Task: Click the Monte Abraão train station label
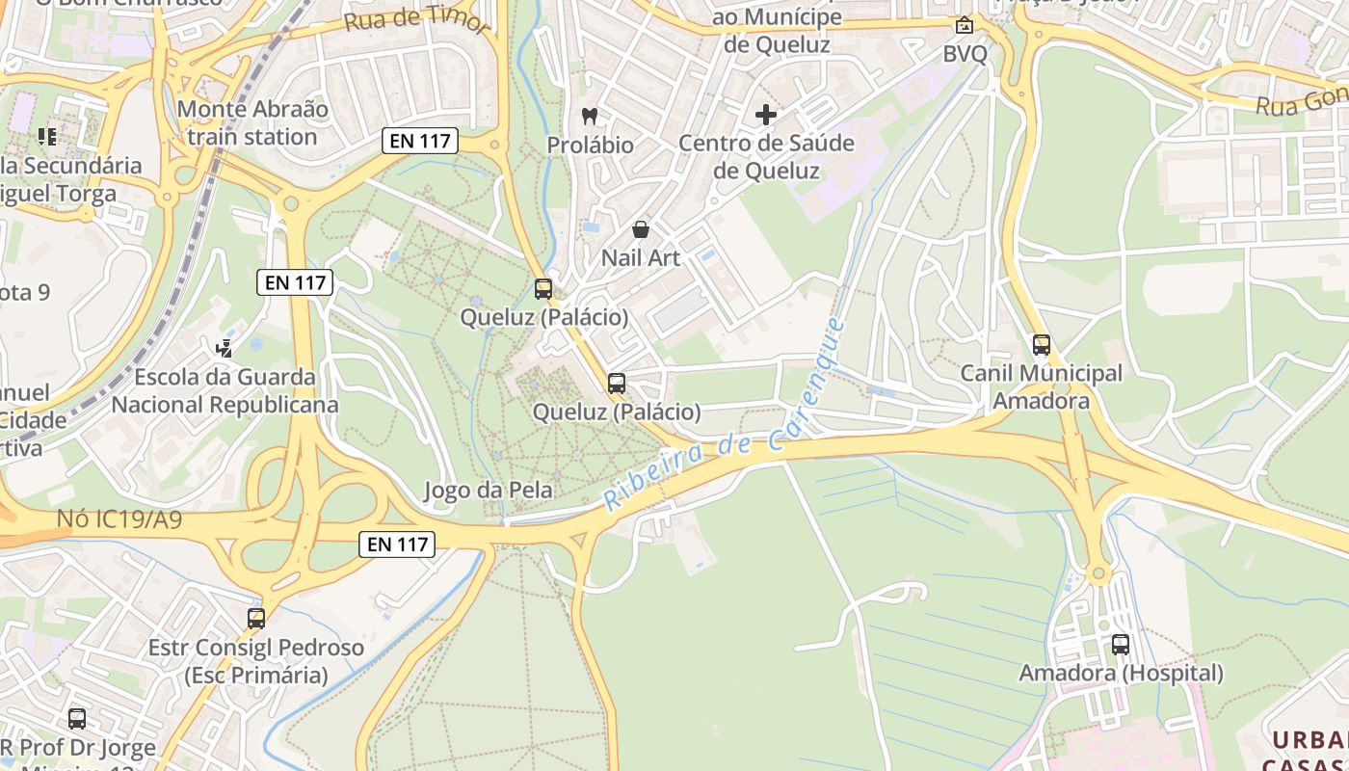point(252,123)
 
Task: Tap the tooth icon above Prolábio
point(590,117)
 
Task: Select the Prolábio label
point(590,146)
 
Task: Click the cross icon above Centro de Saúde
point(766,116)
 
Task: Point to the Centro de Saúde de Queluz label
point(766,157)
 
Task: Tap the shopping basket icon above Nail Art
point(640,229)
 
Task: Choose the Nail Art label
point(641,258)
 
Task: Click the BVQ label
point(965,54)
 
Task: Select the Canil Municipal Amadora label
point(1041,386)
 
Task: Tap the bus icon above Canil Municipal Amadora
point(1041,345)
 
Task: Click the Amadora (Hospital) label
point(1121,673)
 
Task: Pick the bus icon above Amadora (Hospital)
point(1120,645)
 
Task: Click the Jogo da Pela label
point(489,491)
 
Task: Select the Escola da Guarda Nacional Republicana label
point(225,390)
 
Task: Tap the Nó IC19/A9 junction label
point(119,520)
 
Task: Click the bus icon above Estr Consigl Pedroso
point(255,619)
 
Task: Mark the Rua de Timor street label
point(417,21)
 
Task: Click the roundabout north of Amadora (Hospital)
point(1098,575)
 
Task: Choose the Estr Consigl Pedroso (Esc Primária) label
point(255,661)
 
